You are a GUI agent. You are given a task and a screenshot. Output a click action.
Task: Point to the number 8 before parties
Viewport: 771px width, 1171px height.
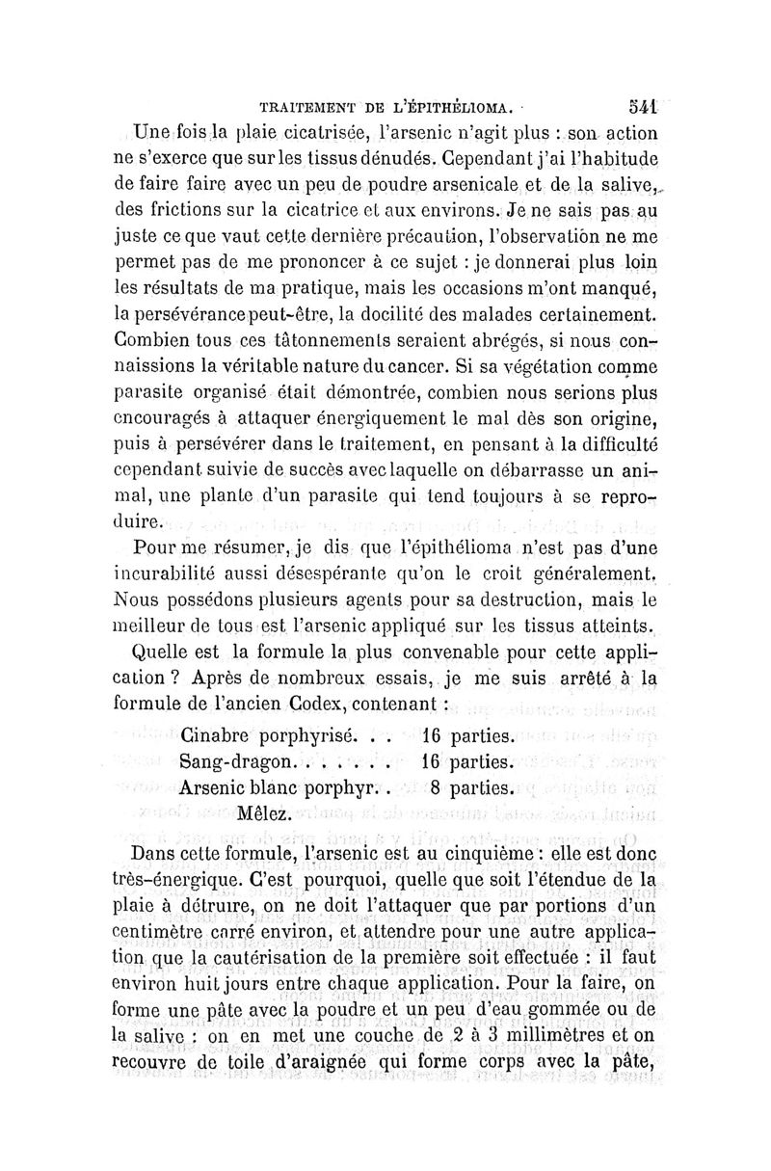[x=437, y=785]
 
